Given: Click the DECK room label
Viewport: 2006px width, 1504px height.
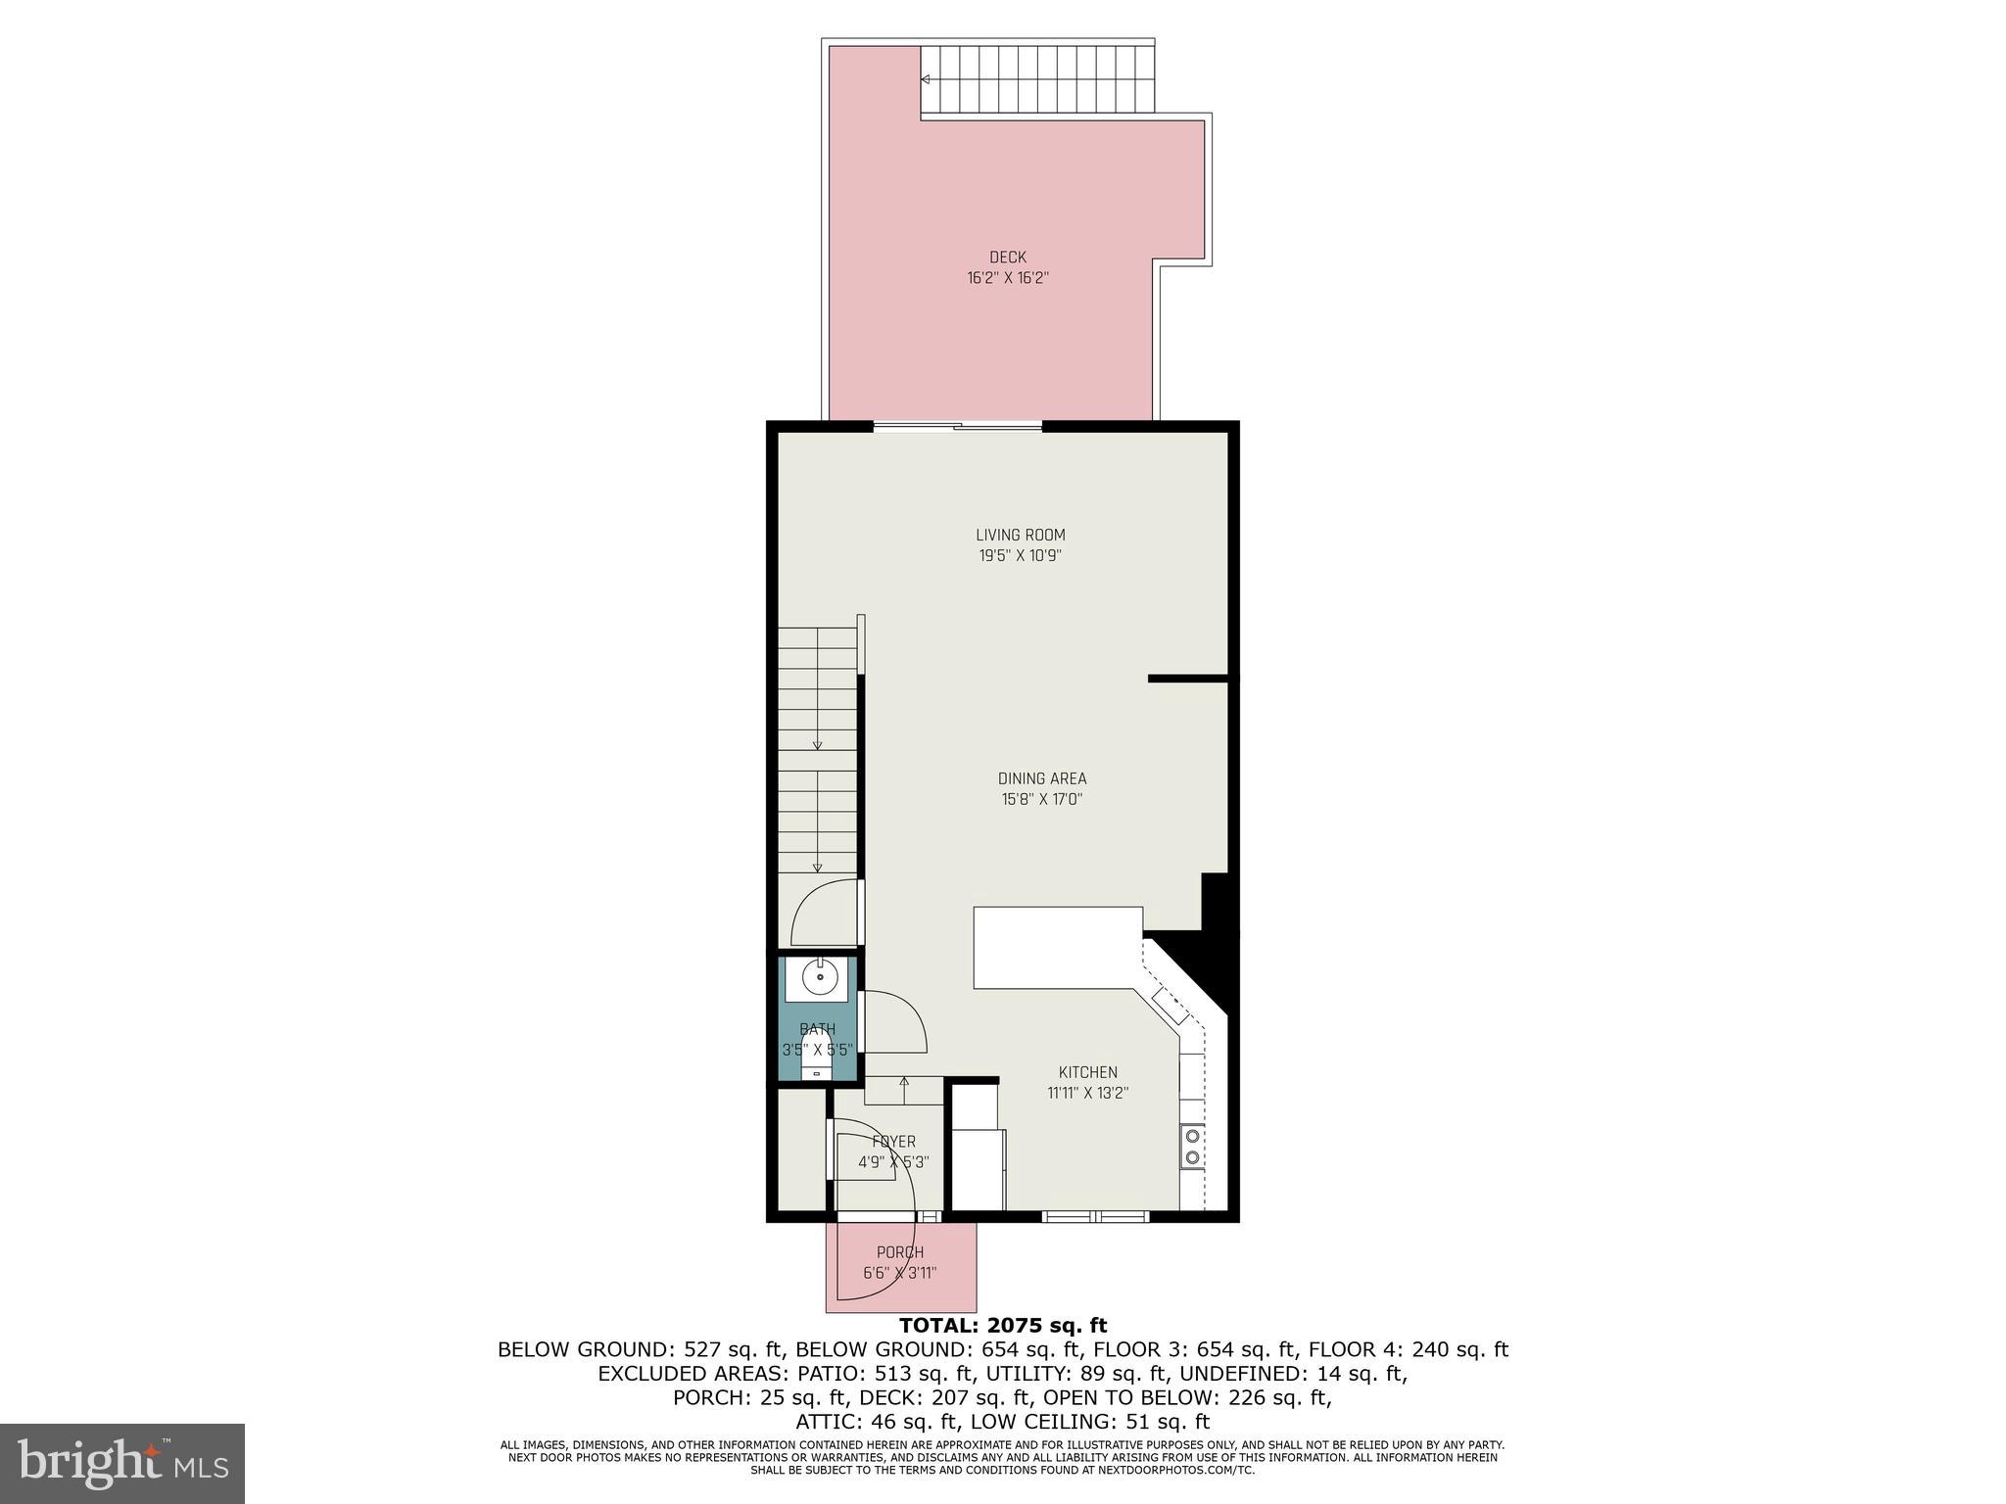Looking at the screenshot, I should click(x=1007, y=258).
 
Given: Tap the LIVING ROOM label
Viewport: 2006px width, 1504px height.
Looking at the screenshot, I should click(x=1020, y=536).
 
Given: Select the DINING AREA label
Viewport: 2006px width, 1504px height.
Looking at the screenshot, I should click(x=1041, y=779).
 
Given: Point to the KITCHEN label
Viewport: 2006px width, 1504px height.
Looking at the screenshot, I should click(x=1087, y=1072).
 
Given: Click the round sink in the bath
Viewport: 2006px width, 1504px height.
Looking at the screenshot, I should click(x=819, y=977).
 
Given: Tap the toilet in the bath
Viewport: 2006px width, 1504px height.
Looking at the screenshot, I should click(x=816, y=1062).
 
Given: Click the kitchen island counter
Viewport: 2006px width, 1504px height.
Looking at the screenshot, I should click(x=1057, y=947).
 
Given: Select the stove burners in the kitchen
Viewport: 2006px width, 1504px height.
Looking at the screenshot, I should click(x=1192, y=1147).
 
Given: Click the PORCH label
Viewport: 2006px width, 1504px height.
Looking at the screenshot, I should click(x=899, y=1252).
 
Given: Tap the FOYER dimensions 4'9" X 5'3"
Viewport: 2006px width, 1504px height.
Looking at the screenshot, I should click(x=893, y=1162).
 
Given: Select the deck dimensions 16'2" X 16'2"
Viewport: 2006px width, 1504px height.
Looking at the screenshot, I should click(x=1007, y=278).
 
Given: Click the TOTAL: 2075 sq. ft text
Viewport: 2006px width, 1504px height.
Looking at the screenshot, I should click(x=1003, y=1326).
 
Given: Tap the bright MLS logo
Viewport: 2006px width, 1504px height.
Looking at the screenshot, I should click(x=121, y=1463).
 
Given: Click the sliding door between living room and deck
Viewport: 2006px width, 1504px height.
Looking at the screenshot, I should click(x=957, y=426).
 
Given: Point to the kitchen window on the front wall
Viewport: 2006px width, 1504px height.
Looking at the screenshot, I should click(x=1094, y=1216).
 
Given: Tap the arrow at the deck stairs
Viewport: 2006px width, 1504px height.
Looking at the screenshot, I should click(x=926, y=80).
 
